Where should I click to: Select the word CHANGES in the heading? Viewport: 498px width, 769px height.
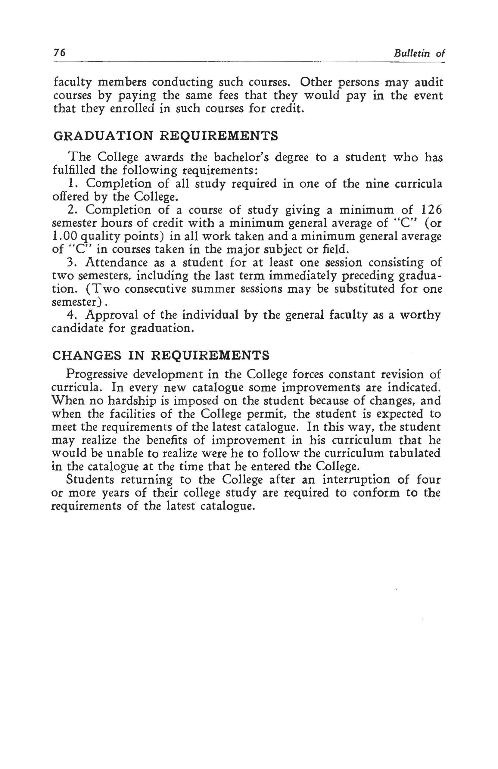click(x=87, y=355)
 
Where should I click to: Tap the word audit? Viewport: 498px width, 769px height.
click(x=428, y=83)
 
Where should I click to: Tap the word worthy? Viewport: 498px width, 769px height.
click(x=420, y=315)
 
